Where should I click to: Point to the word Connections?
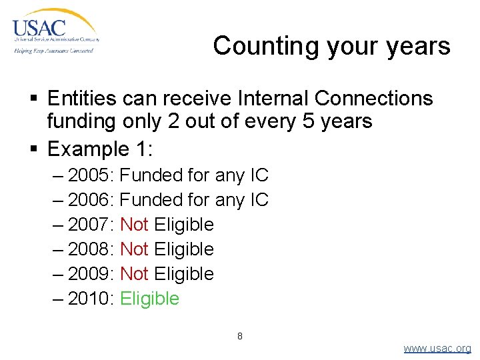point(373,99)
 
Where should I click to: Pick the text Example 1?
point(100,147)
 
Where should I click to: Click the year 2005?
point(91,175)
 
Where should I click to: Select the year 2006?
point(91,200)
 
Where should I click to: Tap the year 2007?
point(91,225)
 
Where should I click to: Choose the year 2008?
point(91,249)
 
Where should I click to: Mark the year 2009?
point(91,274)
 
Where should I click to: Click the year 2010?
point(91,299)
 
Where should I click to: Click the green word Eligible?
point(149,299)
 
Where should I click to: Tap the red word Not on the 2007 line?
point(134,225)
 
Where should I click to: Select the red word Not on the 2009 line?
point(134,274)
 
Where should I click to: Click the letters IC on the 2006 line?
point(259,200)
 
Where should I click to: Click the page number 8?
point(240,336)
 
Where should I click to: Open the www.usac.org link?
point(437,349)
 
